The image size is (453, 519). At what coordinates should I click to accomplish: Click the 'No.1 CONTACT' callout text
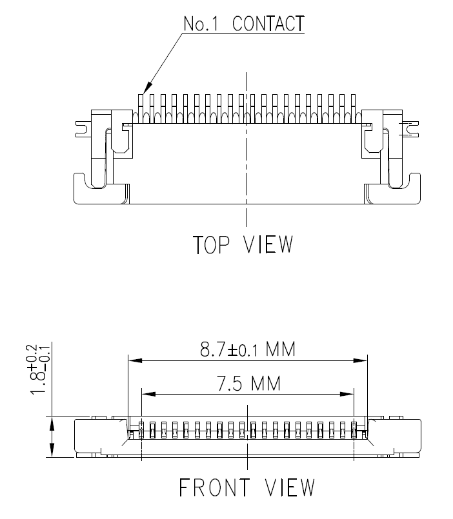point(243,24)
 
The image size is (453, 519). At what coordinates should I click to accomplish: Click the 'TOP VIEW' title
point(243,245)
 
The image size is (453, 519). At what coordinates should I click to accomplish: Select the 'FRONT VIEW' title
point(247,488)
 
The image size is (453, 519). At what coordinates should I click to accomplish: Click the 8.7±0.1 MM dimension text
point(247,350)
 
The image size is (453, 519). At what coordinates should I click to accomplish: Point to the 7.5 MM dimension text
point(247,384)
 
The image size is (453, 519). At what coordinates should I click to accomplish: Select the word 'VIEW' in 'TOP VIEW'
point(270,245)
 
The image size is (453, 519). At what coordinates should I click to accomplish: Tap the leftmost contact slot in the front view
point(141,429)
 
